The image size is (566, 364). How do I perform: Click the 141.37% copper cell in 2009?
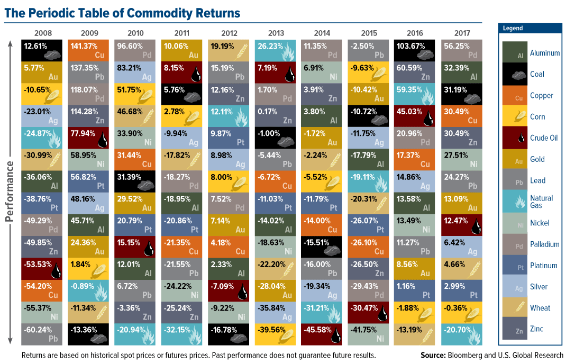pos(88,50)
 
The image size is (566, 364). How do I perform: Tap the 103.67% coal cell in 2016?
pos(413,50)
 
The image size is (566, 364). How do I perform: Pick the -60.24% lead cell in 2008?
pos(41,334)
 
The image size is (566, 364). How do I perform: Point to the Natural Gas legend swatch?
pos(512,201)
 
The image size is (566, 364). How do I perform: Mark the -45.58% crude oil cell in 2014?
pos(320,334)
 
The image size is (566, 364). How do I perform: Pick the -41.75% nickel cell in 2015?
pos(367,334)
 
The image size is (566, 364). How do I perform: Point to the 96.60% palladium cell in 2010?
pos(134,50)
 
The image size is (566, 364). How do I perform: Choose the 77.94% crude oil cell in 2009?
pos(88,137)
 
